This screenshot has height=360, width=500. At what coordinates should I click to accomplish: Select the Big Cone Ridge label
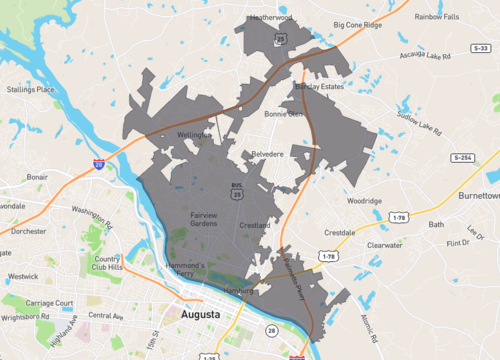pyautogui.click(x=357, y=24)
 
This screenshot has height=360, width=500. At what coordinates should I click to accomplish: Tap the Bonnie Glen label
pyautogui.click(x=283, y=114)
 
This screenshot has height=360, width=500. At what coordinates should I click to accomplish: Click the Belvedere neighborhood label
pyautogui.click(x=268, y=154)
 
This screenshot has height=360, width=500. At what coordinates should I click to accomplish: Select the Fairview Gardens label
pyautogui.click(x=203, y=219)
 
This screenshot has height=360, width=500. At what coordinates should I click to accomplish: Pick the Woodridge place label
pyautogui.click(x=364, y=200)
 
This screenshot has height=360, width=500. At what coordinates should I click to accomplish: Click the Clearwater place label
pyautogui.click(x=384, y=244)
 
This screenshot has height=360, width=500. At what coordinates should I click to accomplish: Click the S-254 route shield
pyautogui.click(x=462, y=158)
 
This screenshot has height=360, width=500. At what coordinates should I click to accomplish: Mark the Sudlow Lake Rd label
pyautogui.click(x=418, y=124)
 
